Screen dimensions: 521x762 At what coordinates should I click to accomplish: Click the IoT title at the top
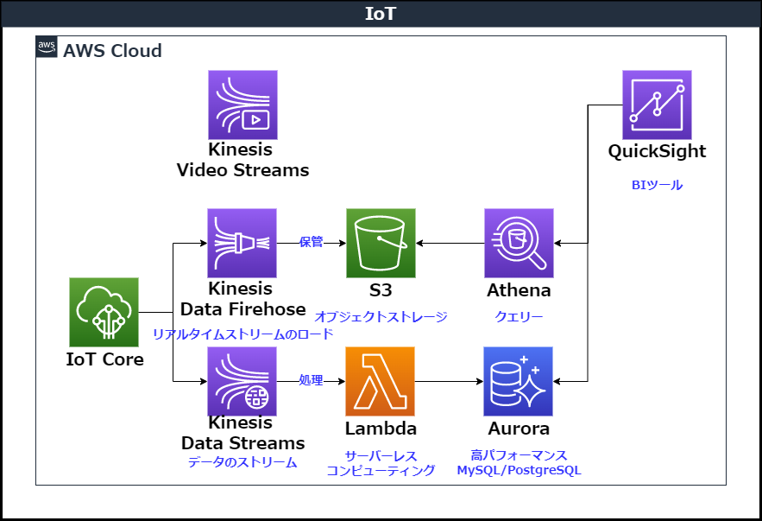coord(381,14)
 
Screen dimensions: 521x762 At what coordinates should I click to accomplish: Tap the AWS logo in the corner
coord(47,48)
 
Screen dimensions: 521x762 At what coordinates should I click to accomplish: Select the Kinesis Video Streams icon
coord(242,105)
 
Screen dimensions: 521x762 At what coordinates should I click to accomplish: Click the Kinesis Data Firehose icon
coord(242,243)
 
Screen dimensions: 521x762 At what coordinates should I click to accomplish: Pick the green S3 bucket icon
coord(381,243)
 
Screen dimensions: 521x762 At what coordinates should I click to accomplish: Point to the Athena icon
coord(519,243)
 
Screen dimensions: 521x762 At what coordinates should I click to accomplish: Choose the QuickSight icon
coord(657,105)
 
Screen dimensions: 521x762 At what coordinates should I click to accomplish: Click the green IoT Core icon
coord(104,312)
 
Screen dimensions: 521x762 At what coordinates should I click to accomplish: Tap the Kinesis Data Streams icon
coord(242,381)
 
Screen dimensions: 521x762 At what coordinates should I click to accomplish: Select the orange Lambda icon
coord(381,381)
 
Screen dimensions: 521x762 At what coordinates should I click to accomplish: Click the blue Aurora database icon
coord(519,381)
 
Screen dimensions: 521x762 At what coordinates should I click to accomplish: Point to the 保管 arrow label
coord(311,242)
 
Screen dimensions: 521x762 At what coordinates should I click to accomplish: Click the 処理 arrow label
coord(311,380)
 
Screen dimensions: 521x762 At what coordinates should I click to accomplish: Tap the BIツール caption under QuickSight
coord(657,185)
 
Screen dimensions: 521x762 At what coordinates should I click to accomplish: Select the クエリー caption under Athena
coord(519,317)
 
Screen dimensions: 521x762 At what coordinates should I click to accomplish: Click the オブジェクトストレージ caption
coord(381,317)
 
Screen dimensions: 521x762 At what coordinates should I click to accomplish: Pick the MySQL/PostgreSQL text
coord(519,471)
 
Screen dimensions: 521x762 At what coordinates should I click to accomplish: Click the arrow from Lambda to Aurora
coord(449,381)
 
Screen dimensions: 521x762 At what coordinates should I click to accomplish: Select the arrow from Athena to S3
coord(450,243)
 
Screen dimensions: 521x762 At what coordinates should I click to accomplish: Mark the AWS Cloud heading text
coord(112,50)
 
